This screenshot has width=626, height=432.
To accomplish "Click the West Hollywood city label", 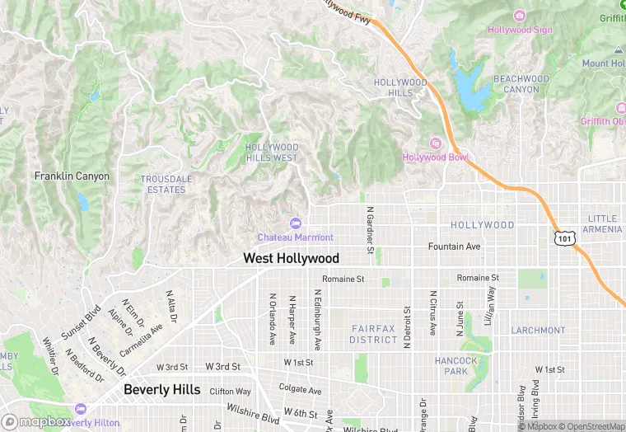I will tap(291, 258).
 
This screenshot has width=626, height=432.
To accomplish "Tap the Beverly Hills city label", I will tap(161, 389).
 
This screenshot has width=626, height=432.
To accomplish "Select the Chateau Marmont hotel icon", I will tap(295, 223).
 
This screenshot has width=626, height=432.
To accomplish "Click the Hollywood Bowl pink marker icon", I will tap(436, 144).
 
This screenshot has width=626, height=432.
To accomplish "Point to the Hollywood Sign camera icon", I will tap(519, 16).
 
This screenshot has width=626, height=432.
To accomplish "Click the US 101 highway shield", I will tap(564, 238).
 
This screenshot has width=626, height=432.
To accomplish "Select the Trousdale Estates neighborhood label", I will tap(166, 184).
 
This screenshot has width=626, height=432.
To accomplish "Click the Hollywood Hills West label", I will tap(272, 153).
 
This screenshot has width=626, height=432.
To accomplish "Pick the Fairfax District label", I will tap(373, 334).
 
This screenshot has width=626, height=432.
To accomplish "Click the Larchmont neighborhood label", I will tap(538, 331).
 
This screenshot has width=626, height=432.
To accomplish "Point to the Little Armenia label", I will tap(603, 223).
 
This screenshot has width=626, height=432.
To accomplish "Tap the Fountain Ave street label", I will tap(454, 247).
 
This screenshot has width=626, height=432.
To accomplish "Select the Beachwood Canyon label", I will tap(521, 83).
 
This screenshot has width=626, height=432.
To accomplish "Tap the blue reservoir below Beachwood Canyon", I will tap(469, 88).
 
